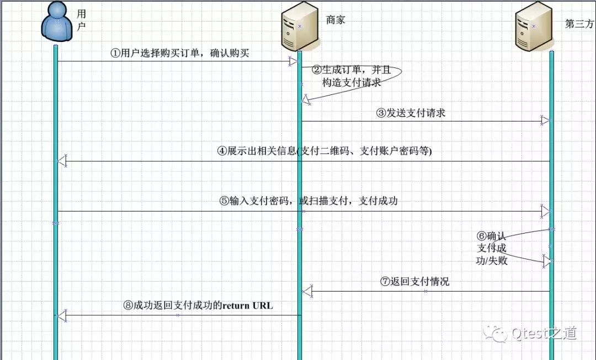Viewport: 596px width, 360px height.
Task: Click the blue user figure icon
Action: [x=57, y=22]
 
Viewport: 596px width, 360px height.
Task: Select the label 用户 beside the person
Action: [x=82, y=20]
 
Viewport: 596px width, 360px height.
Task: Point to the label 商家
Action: [x=336, y=20]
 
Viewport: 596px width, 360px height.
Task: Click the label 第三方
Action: [x=580, y=24]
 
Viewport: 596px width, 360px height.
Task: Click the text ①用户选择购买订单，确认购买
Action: [x=180, y=53]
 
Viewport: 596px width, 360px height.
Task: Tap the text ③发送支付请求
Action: [x=411, y=113]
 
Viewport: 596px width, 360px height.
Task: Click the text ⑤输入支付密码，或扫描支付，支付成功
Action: [x=308, y=201]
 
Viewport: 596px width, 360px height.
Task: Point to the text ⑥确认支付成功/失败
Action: [x=492, y=248]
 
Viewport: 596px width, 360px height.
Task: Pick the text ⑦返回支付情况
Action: [x=414, y=282]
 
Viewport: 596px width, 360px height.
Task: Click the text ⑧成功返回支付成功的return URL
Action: [x=198, y=305]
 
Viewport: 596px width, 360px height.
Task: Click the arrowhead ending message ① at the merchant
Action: [x=293, y=61]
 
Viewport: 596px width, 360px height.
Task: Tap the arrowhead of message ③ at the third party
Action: [x=545, y=121]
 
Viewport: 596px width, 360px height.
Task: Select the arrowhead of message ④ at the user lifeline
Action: [x=62, y=161]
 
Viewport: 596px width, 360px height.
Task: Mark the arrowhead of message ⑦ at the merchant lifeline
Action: [x=307, y=290]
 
